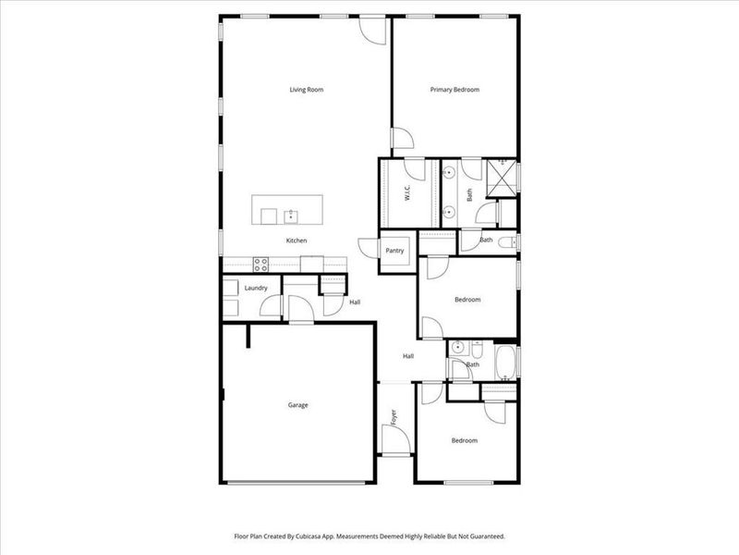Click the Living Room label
click(x=306, y=90)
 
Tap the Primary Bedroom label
click(x=454, y=90)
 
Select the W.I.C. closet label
click(x=406, y=193)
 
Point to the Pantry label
click(x=395, y=251)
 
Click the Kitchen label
click(x=296, y=240)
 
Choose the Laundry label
click(x=256, y=288)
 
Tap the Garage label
click(x=297, y=405)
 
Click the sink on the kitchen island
click(x=291, y=216)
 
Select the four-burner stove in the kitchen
click(x=260, y=264)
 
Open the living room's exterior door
click(x=371, y=29)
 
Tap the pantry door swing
click(x=369, y=249)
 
